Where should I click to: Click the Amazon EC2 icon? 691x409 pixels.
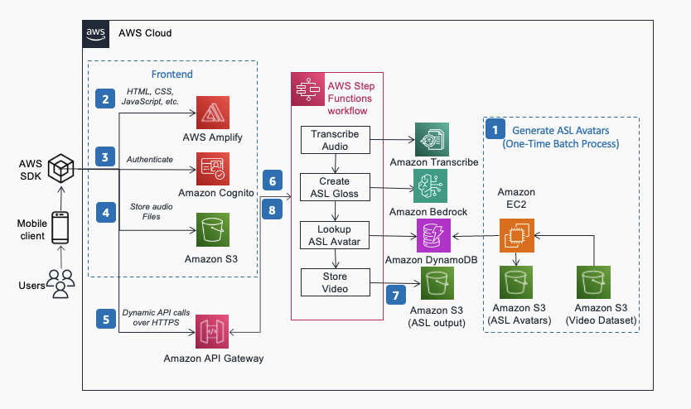pyautogui.click(x=516, y=234)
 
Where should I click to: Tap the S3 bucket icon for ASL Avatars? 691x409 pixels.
pyautogui.click(x=516, y=284)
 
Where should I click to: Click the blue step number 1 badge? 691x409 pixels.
pyautogui.click(x=495, y=129)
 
